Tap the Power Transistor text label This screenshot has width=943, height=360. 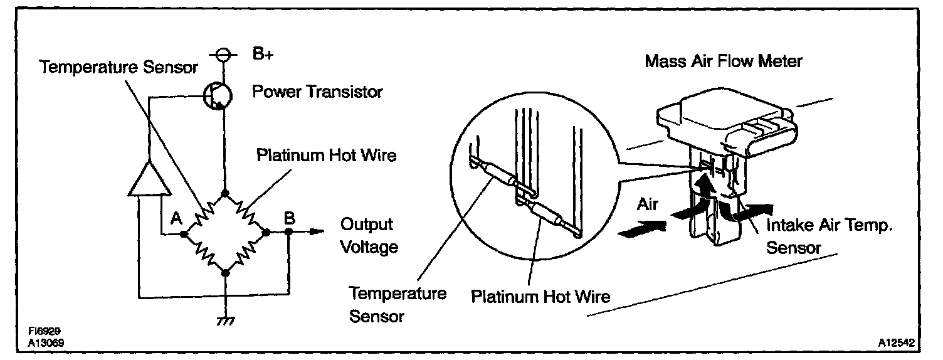(x=317, y=92)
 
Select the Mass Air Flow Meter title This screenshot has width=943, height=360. (x=724, y=61)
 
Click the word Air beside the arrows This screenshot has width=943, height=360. (x=648, y=204)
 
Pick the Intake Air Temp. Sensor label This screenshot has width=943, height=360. (x=829, y=236)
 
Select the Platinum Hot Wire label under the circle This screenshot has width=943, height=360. (x=540, y=295)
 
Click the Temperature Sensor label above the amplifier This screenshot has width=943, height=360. (x=119, y=67)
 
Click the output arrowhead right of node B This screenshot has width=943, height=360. (x=317, y=232)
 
